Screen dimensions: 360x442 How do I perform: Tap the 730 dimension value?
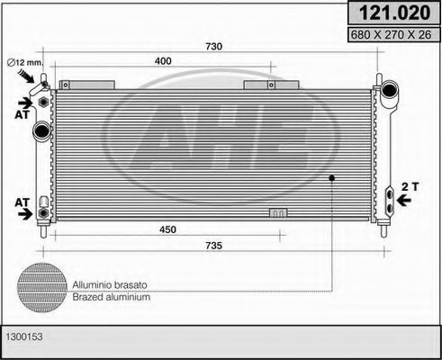coord(213,47)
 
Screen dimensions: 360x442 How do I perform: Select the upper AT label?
coord(20,115)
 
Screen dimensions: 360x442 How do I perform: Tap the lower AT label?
coord(20,203)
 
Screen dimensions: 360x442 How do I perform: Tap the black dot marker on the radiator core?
coord(331,177)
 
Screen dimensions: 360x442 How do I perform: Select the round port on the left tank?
coord(41,132)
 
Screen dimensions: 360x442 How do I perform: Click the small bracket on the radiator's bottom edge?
coord(279,214)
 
